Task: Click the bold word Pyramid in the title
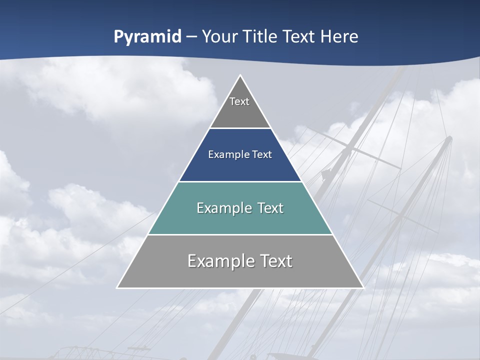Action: [x=147, y=37]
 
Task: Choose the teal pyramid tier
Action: [x=240, y=220]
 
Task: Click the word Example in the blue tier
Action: [x=227, y=154]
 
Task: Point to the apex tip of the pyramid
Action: [x=240, y=76]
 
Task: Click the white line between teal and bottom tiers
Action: [x=240, y=234]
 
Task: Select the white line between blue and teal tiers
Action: [x=240, y=181]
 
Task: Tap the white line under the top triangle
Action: [x=240, y=128]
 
